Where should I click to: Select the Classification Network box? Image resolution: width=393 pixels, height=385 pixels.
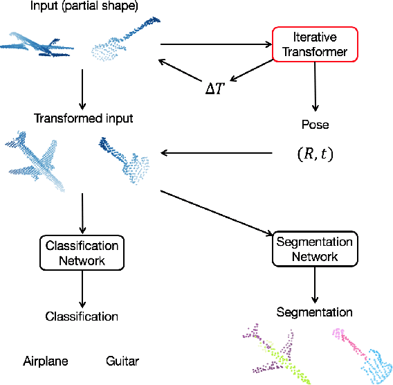(x=82, y=253)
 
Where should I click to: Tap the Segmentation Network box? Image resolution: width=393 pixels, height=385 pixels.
(x=315, y=249)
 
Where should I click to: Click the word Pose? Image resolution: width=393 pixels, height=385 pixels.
(x=316, y=125)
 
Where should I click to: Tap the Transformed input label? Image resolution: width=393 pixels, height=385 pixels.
(x=83, y=118)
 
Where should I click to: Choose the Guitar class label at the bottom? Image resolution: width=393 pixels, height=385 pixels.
(x=122, y=361)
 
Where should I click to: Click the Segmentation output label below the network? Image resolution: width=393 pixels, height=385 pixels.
(x=314, y=312)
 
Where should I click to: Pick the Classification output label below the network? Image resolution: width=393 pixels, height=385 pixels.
(x=82, y=316)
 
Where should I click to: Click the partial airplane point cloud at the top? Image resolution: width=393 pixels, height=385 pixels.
(x=38, y=46)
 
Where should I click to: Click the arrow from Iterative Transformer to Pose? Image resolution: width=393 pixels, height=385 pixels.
(x=316, y=87)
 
